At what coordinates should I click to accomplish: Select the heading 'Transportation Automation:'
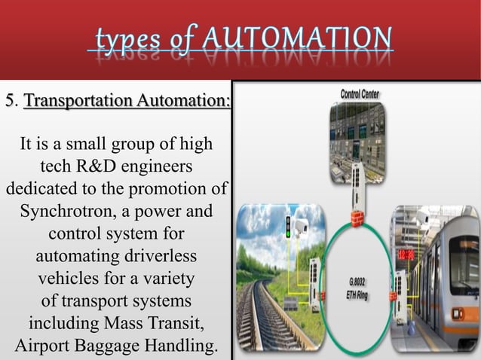(x=127, y=101)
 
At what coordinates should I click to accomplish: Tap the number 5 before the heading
(x=10, y=101)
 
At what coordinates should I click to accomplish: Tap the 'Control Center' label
(x=360, y=95)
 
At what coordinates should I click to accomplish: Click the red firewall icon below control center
(x=360, y=215)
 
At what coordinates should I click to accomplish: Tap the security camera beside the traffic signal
(x=302, y=225)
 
